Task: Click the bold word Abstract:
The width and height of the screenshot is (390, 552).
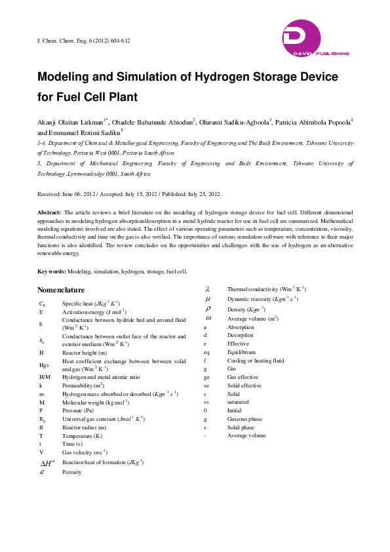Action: coord(49,213)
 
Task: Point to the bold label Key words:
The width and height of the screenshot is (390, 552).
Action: coord(52,271)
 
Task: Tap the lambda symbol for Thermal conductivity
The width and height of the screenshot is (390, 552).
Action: coord(207,289)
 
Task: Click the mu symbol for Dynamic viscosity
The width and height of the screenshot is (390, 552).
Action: coord(207,299)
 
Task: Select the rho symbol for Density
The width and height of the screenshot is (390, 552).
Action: coord(207,309)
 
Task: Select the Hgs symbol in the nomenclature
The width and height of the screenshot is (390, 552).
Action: coord(44,365)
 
